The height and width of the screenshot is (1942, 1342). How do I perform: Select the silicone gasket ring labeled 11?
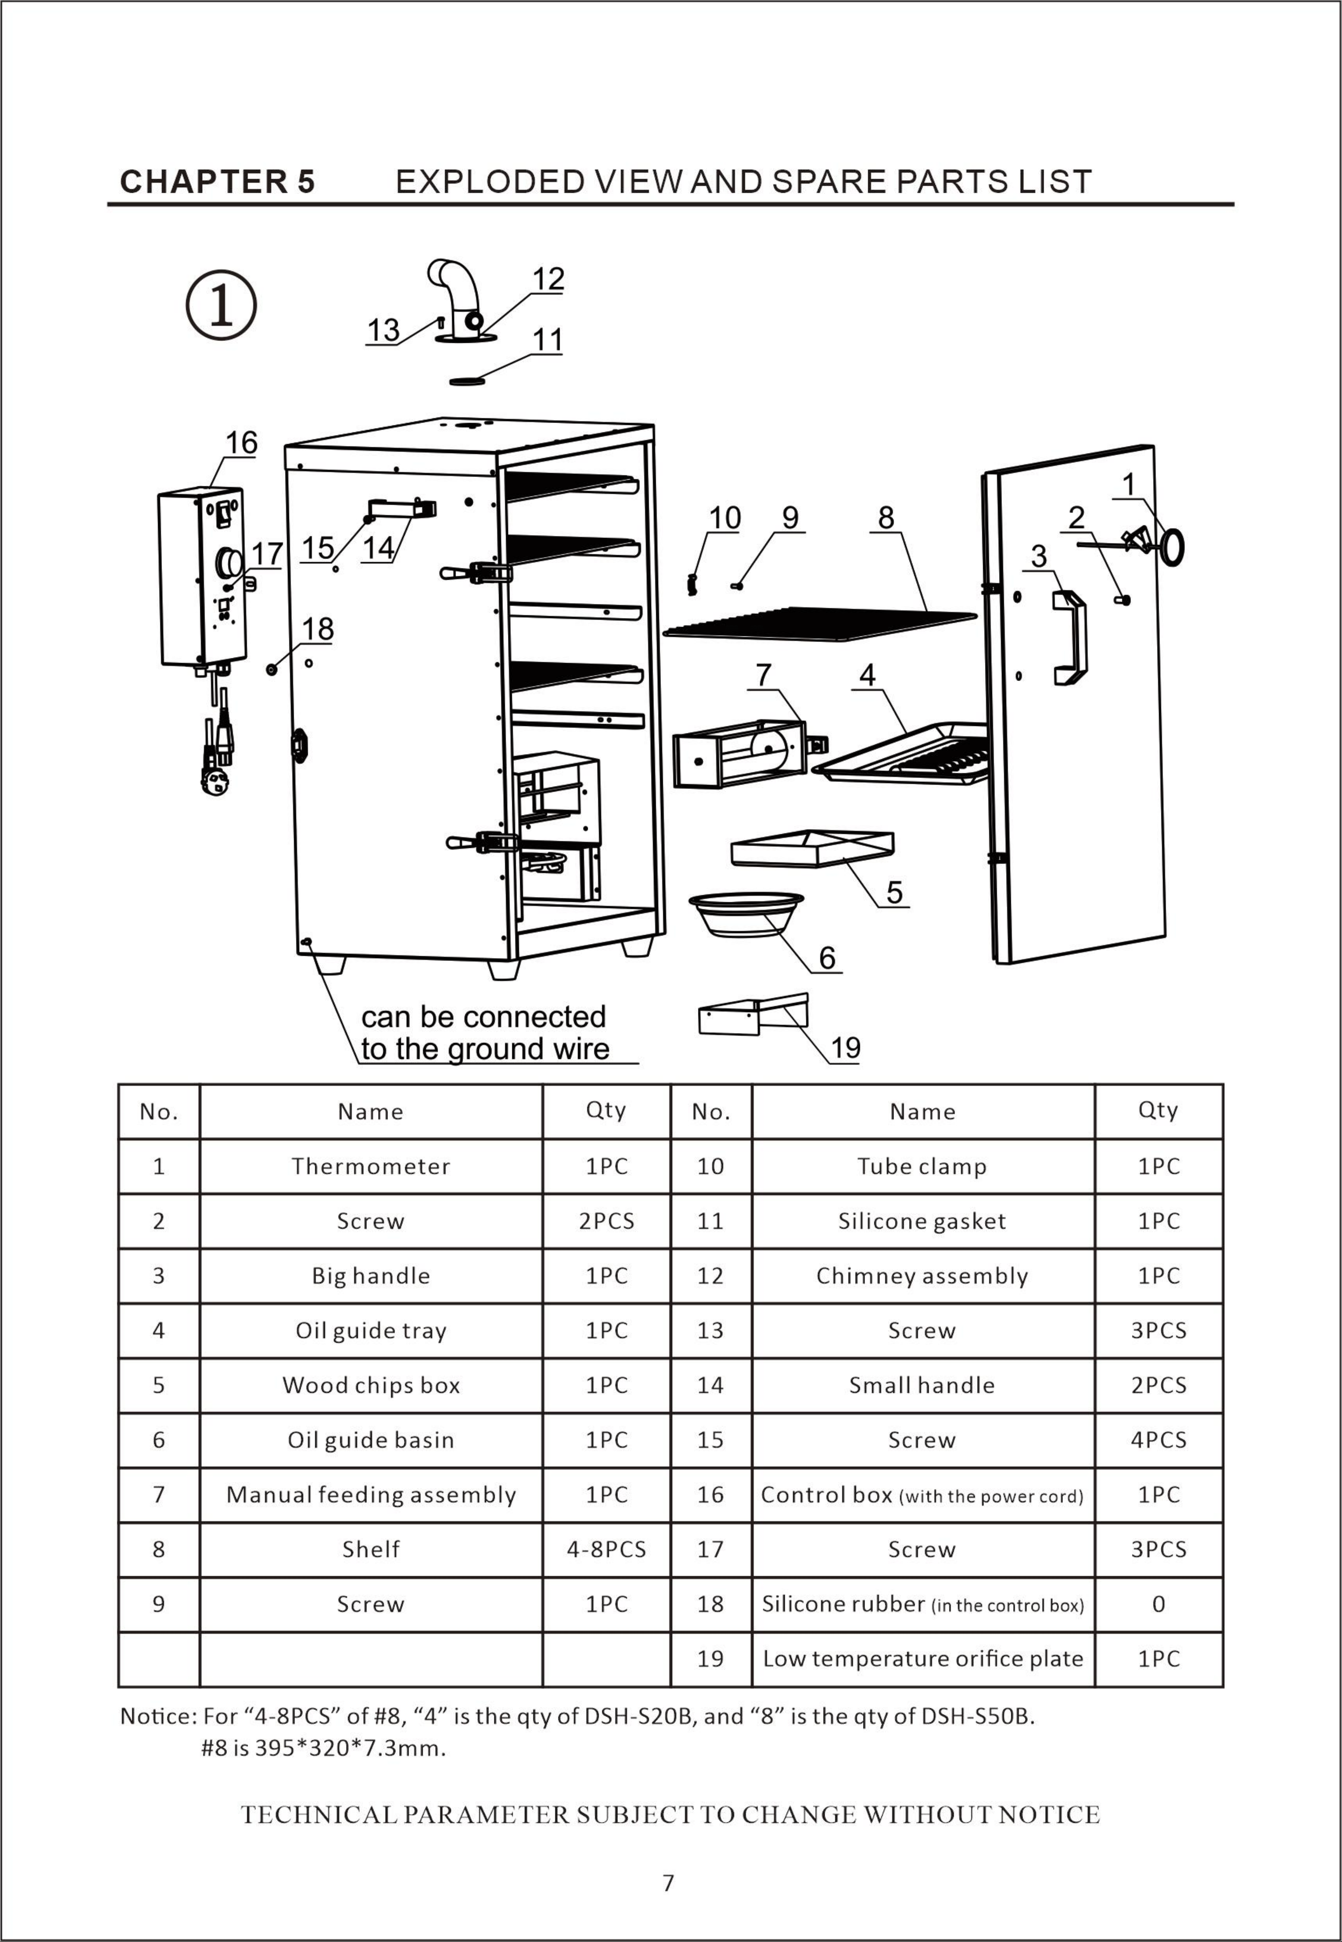pyautogui.click(x=468, y=381)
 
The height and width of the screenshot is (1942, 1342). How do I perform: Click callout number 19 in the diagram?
pyautogui.click(x=845, y=1048)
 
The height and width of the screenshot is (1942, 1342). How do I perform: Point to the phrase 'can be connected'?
pyautogui.click(x=484, y=1016)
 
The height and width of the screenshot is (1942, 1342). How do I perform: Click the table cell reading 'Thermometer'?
pyautogui.click(x=371, y=1166)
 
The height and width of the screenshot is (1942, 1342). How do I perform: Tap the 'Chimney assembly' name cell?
pyautogui.click(x=922, y=1275)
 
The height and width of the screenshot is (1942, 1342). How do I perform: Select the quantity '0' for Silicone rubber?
pyautogui.click(x=1159, y=1604)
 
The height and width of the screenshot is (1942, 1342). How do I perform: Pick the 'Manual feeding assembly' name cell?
pyautogui.click(x=371, y=1494)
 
